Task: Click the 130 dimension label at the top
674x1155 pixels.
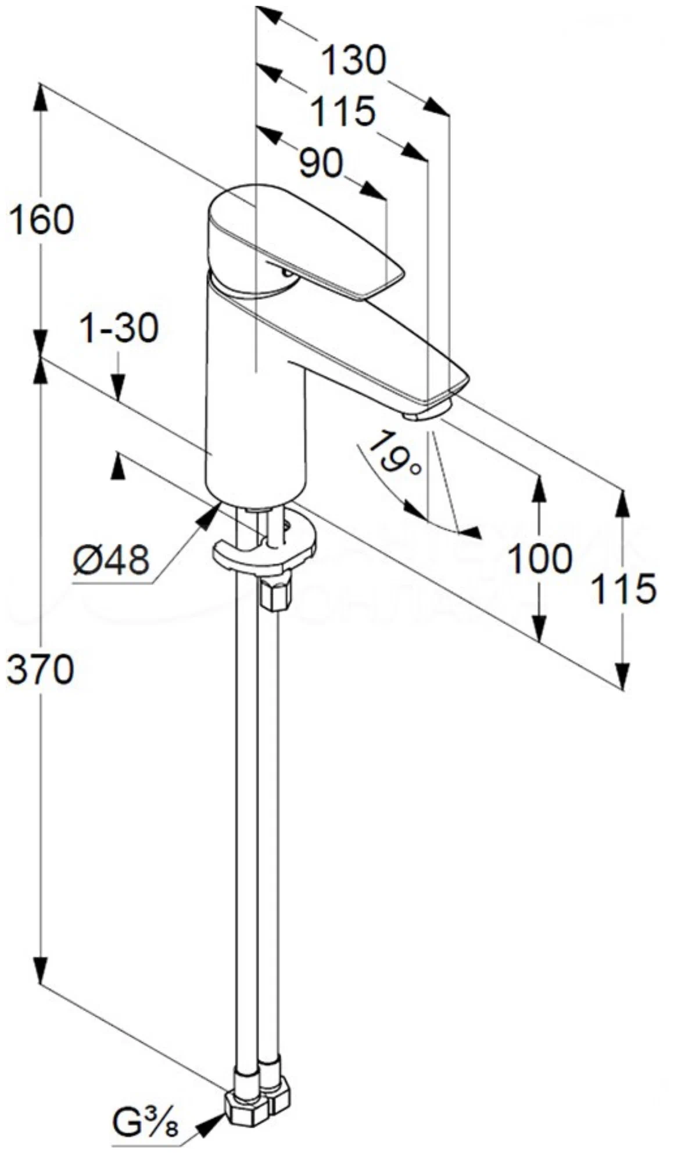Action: point(354,60)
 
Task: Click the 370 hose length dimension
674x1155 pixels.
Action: point(40,669)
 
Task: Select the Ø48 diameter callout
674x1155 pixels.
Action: point(112,560)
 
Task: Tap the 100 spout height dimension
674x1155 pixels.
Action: point(540,558)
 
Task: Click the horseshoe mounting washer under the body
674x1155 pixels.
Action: point(264,549)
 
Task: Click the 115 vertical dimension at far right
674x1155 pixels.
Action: point(623,589)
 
